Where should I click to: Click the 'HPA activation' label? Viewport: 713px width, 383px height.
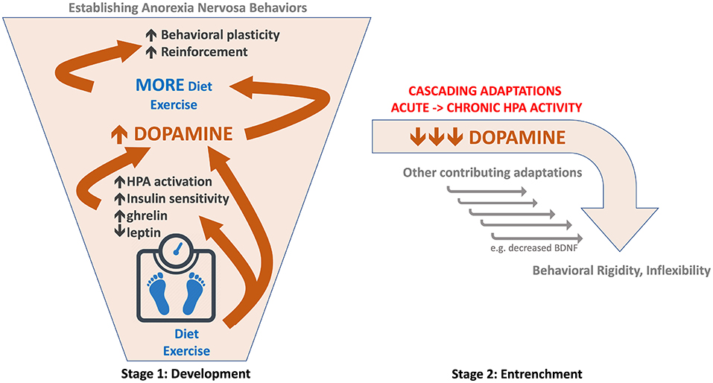(x=169, y=181)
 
